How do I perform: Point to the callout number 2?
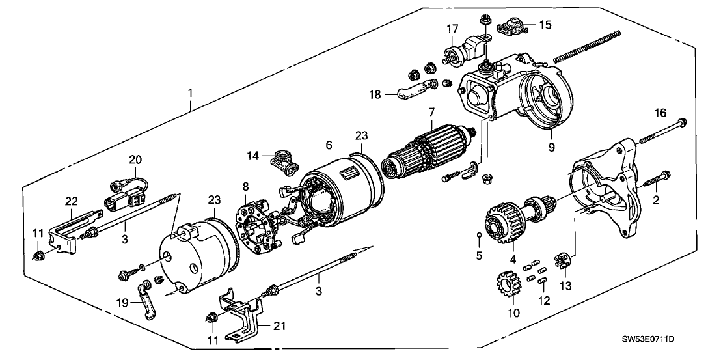coord(656,201)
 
